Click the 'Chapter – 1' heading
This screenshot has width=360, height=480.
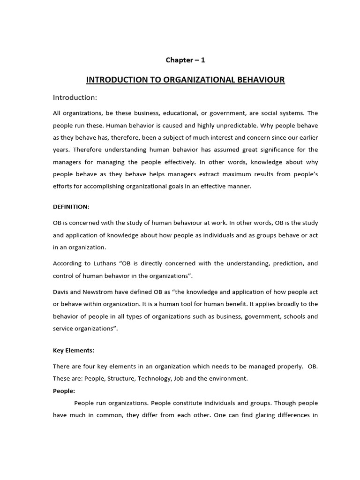click(185, 60)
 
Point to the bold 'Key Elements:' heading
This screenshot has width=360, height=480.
click(73, 350)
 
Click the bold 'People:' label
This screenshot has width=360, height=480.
click(64, 390)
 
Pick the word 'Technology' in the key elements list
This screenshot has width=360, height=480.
click(154, 378)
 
